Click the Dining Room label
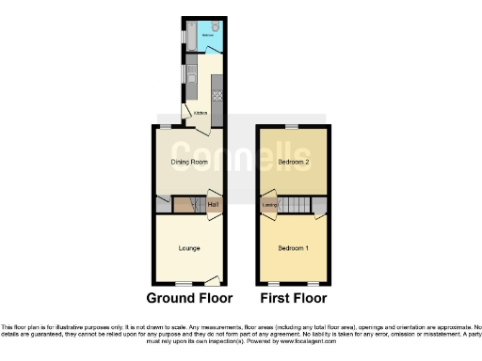(188, 162)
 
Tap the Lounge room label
(188, 248)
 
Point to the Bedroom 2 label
(294, 162)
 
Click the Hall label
(213, 205)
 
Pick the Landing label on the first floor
(267, 205)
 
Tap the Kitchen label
(200, 114)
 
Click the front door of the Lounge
(213, 279)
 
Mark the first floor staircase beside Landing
(297, 205)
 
